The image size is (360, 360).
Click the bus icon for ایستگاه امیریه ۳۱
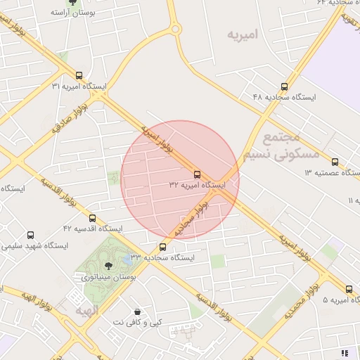[78, 75]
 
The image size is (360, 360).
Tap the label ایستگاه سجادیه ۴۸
[284, 97]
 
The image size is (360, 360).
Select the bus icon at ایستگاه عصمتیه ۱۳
[335, 162]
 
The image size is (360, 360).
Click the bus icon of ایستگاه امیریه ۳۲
[197, 174]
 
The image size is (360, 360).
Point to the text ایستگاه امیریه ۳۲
[197, 186]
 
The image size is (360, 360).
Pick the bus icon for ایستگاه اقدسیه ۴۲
[92, 219]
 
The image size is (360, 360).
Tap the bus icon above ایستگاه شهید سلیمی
[30, 236]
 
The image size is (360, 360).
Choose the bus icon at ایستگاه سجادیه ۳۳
[163, 247]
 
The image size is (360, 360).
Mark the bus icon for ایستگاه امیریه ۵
[349, 289]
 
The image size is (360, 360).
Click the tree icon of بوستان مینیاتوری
[108, 266]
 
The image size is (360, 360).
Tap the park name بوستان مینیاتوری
[108, 278]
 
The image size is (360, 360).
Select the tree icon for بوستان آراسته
[73, 3]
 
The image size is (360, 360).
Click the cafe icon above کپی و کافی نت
[136, 310]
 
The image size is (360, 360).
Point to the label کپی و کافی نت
[137, 321]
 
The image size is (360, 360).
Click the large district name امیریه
[243, 34]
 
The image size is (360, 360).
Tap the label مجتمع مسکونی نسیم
[281, 144]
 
